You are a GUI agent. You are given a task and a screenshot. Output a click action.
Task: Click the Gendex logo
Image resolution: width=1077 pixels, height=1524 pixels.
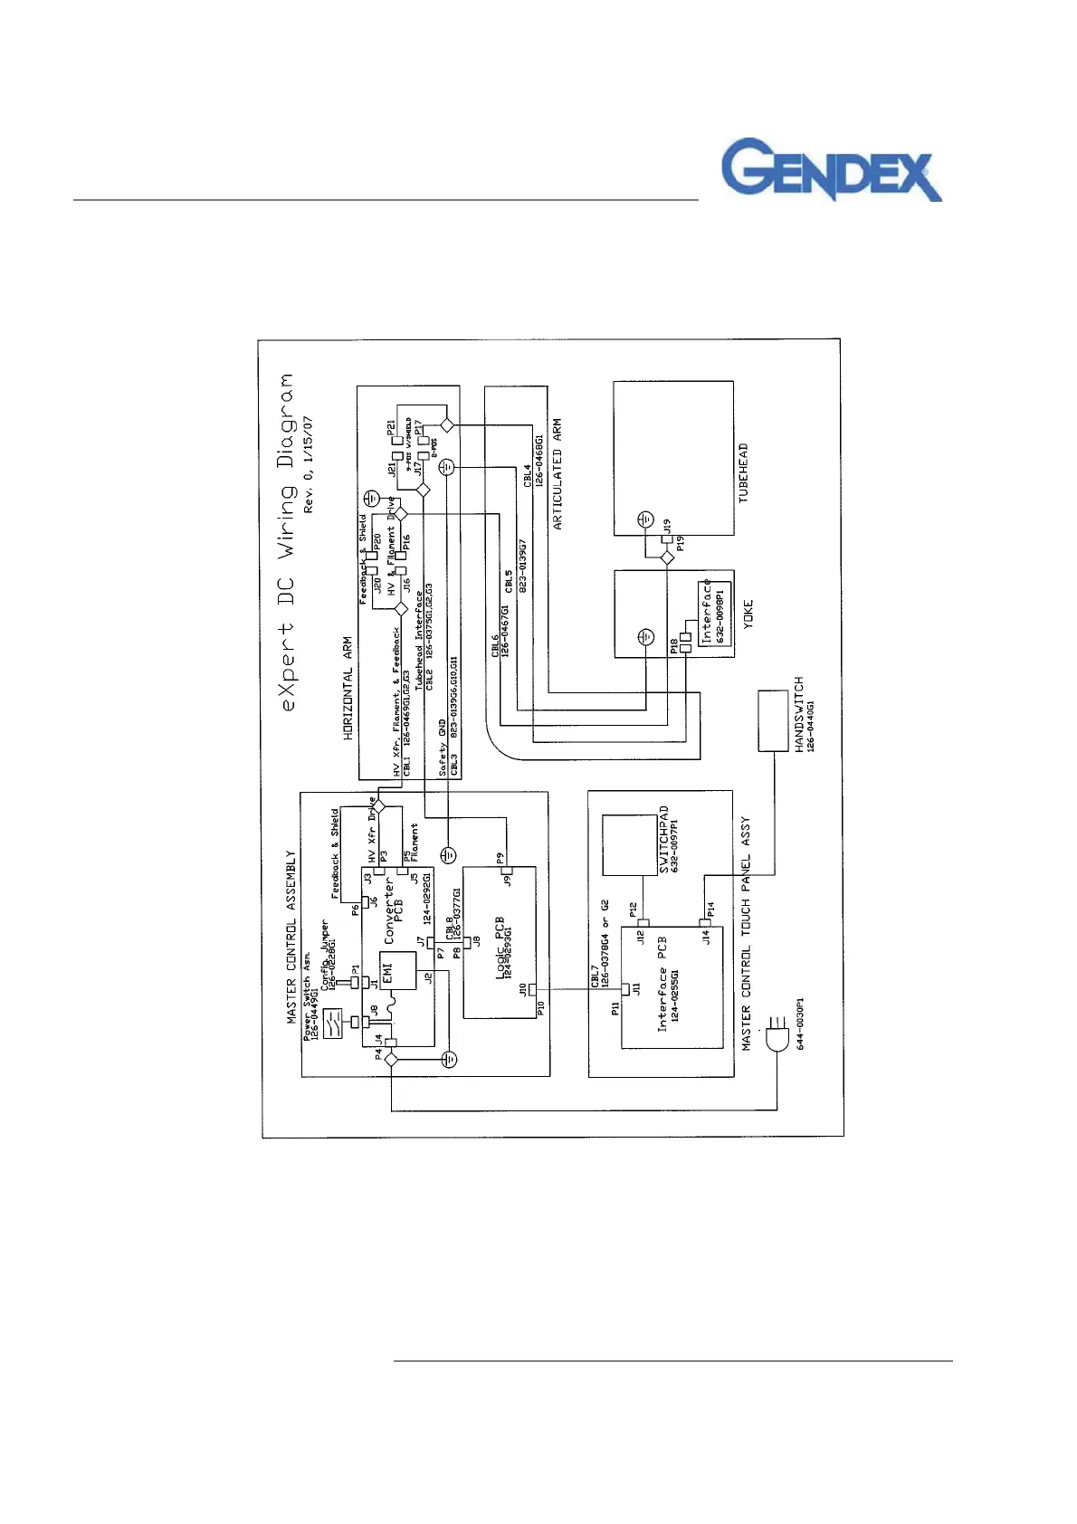tap(831, 169)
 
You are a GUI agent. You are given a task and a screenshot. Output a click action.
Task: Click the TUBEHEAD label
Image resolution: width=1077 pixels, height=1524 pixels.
tap(744, 473)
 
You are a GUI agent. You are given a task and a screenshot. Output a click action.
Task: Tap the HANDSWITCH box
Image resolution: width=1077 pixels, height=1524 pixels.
tap(773, 720)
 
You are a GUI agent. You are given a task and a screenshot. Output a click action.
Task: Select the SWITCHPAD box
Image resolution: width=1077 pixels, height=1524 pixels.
tap(630, 845)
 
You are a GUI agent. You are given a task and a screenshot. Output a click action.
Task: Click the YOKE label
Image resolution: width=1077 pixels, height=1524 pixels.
tap(748, 615)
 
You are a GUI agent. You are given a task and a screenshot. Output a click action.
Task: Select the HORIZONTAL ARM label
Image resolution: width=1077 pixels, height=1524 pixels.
tap(348, 689)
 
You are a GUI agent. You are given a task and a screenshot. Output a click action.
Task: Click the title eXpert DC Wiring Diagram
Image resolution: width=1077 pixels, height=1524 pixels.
tap(287, 542)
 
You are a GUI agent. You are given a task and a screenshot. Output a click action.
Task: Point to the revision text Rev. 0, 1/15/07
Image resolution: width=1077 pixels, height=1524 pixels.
tap(309, 465)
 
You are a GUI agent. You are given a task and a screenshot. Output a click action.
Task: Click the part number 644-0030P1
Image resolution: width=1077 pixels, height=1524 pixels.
tap(800, 1024)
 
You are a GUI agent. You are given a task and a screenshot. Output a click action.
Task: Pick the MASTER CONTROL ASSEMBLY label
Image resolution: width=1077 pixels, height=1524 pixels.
tap(291, 937)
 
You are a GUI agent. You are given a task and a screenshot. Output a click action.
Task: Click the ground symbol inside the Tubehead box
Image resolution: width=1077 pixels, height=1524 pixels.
tap(643, 519)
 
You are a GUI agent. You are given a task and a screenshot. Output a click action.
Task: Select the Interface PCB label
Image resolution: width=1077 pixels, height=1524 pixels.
tap(662, 985)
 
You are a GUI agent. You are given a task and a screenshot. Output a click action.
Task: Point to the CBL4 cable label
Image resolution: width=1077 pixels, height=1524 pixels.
tap(528, 476)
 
